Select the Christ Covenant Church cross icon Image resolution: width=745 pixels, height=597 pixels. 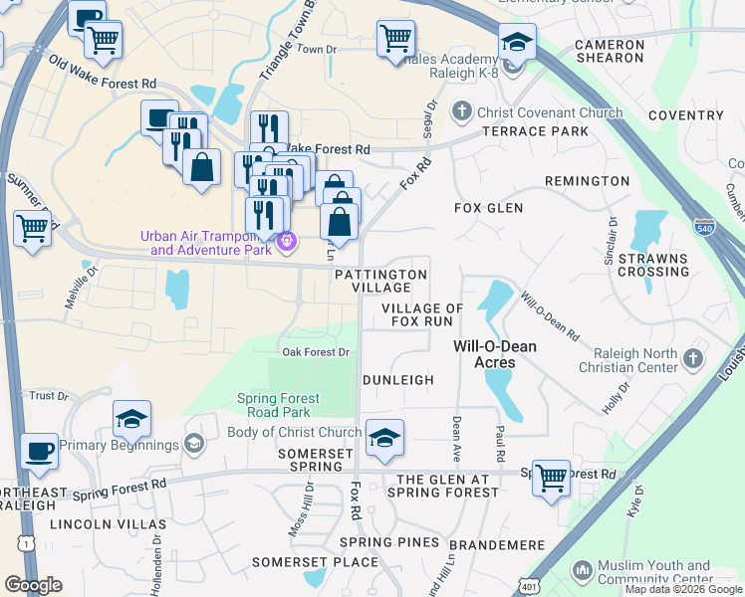coord(461,112)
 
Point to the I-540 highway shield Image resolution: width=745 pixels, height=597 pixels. coord(704,226)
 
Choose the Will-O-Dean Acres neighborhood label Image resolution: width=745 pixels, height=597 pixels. coord(495,354)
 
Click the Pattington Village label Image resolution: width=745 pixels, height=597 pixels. coord(380,280)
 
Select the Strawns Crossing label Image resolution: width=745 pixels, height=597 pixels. coord(652,265)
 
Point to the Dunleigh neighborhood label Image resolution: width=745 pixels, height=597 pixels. coord(397,380)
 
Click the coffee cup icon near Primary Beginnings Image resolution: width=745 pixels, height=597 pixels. coord(39,451)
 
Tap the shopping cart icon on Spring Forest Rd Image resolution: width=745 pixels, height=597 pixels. coord(550,478)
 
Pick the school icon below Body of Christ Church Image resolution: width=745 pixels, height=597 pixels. coord(383,438)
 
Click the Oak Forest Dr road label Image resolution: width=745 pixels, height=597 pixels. coord(316,352)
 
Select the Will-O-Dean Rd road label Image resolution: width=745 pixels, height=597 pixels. coord(550,316)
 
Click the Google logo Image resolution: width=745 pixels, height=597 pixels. coord(33,585)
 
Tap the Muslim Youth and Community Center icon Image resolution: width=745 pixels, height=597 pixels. coord(583,571)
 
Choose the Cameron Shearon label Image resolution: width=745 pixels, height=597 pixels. coord(610,52)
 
